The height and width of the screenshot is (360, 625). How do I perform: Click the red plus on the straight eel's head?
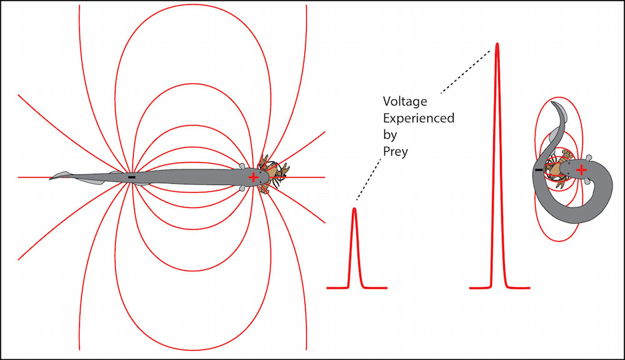point(253,177)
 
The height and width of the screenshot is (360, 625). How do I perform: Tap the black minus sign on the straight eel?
point(131,178)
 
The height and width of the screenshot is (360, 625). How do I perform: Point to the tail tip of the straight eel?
point(51,178)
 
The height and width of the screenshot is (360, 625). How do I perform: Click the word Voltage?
point(402,100)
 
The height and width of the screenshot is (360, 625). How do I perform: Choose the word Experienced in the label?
point(418,117)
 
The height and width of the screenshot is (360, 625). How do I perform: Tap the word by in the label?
point(389,134)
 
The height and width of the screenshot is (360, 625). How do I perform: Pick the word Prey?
point(395,151)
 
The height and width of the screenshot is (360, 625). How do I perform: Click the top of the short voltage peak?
point(355,209)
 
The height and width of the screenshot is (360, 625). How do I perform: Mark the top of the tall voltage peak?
point(497,44)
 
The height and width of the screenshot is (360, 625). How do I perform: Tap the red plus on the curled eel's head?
point(581,169)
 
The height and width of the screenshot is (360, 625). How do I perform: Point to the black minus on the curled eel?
point(539,169)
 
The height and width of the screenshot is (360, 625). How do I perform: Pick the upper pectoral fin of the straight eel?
point(244,166)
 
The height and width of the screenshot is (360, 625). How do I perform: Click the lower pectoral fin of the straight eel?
point(243,188)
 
